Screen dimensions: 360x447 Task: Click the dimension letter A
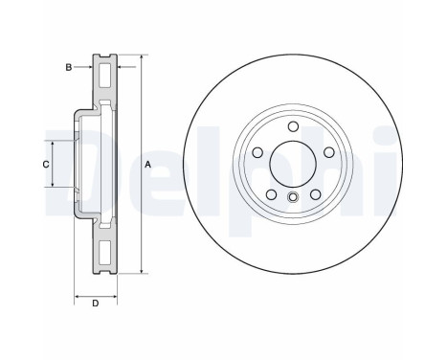click(x=148, y=165)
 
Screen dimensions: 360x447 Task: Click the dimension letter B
click(x=68, y=67)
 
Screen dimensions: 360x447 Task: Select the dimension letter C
click(x=45, y=165)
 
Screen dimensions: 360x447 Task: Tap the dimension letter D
click(x=95, y=304)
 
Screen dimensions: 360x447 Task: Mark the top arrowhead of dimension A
click(x=142, y=58)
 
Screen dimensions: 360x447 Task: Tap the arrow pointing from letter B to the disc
click(x=86, y=67)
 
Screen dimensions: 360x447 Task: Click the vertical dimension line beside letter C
click(x=54, y=165)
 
